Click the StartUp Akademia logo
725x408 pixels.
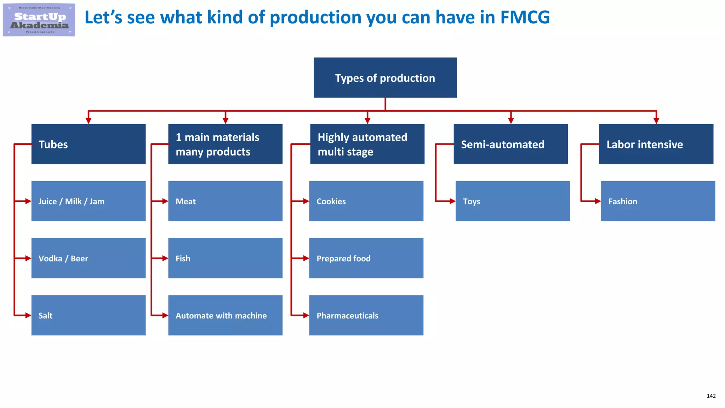click(39, 20)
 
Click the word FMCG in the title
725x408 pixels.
click(525, 17)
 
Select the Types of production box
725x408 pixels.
click(385, 78)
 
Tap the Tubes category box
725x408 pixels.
click(89, 144)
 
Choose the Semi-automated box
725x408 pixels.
click(510, 144)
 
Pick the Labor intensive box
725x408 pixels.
click(656, 144)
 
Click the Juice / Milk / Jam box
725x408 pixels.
click(89, 201)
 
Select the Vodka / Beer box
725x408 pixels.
click(89, 258)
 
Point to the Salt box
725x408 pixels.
click(89, 315)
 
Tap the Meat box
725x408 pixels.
click(225, 201)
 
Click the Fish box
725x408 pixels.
click(225, 258)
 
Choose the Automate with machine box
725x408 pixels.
click(225, 315)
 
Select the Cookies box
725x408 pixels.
click(366, 201)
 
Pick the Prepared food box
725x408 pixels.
click(366, 258)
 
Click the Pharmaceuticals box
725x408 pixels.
click(366, 315)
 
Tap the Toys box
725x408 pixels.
click(513, 201)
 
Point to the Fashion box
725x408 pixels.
click(658, 201)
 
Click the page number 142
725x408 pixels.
click(711, 396)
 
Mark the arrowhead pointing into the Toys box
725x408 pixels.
click(452, 201)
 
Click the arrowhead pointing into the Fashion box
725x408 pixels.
click(598, 201)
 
